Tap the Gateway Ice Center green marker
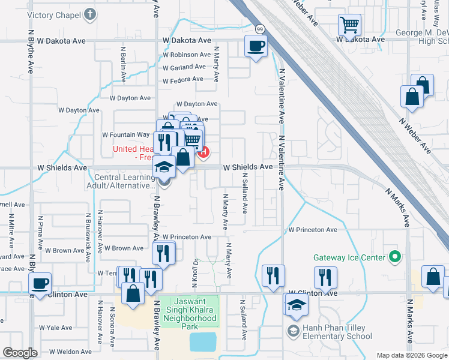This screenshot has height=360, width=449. [x=394, y=257]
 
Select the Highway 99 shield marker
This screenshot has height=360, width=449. [x=260, y=29]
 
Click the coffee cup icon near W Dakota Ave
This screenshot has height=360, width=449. [x=256, y=46]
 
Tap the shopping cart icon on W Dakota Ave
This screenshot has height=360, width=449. [x=349, y=25]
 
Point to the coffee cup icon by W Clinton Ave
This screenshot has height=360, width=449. [x=40, y=283]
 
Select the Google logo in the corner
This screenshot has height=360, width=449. [x=20, y=353]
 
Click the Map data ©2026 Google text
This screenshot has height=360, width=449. [x=411, y=355]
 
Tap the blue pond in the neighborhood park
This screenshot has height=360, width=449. [x=204, y=342]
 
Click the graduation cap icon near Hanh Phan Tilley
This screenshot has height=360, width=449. [x=295, y=305]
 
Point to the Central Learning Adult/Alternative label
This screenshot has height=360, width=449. [x=124, y=181]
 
